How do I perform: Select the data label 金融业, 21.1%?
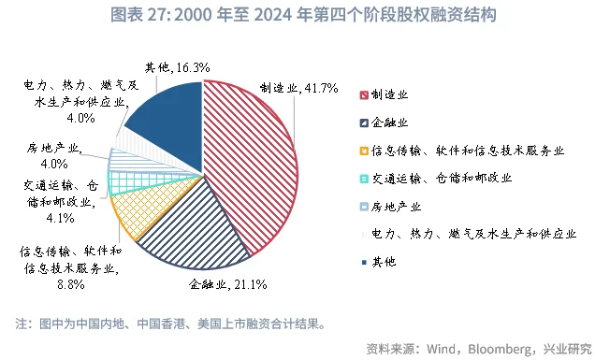pyautogui.click(x=229, y=283)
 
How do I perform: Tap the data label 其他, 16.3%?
pyautogui.click(x=176, y=67)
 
